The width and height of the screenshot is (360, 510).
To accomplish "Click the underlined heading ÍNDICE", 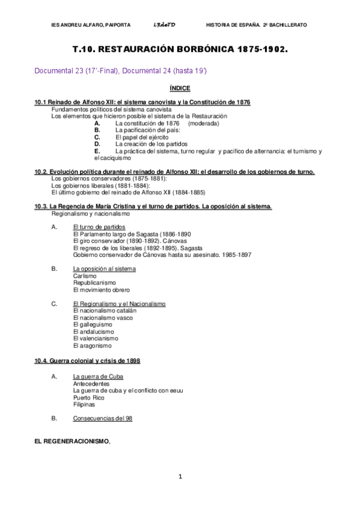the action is point(180,88).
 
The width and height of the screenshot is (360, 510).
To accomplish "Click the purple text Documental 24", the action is point(150,71).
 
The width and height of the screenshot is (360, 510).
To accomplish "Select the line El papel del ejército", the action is point(142,137).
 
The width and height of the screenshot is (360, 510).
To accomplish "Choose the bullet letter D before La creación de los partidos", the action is point(97,144).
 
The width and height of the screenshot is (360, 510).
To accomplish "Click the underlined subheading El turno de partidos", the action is point(99,227).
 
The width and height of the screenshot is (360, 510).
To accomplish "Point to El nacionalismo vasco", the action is point(103,318).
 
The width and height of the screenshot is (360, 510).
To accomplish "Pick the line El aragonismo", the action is point(92,346).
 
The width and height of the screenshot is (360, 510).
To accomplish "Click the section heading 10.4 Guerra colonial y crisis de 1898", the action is point(88,360).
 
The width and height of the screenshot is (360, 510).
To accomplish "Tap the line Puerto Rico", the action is point(88,398).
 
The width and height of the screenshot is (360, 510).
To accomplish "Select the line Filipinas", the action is point(84,405).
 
